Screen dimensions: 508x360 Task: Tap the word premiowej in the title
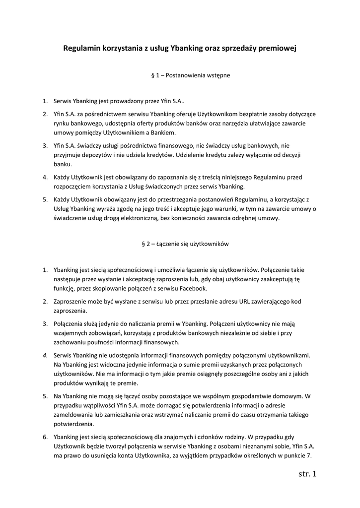pyautogui.click(x=278, y=49)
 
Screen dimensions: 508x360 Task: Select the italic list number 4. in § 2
pyautogui.click(x=45, y=355)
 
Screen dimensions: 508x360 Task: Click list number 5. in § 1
pyautogui.click(x=45, y=199)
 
